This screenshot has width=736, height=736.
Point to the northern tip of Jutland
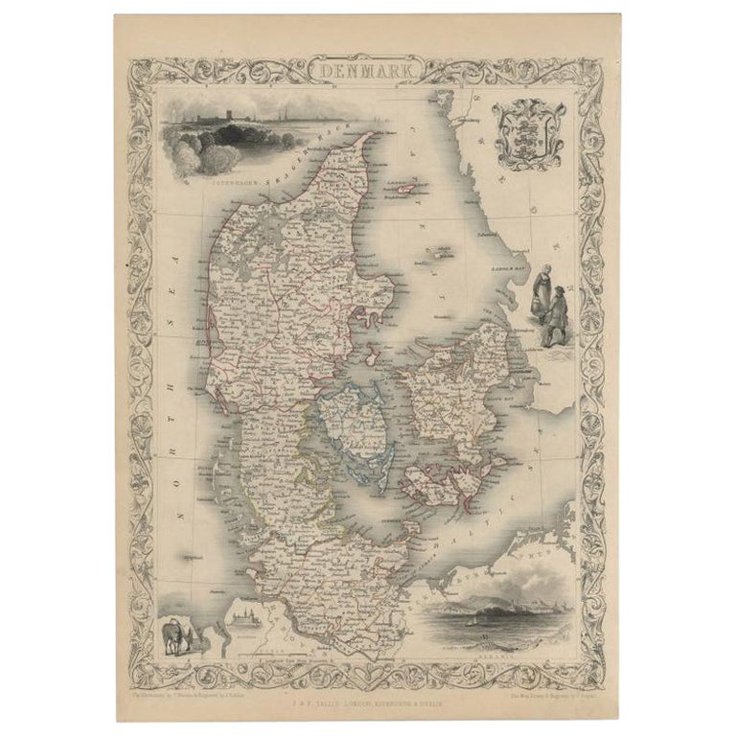pos(364,136)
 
